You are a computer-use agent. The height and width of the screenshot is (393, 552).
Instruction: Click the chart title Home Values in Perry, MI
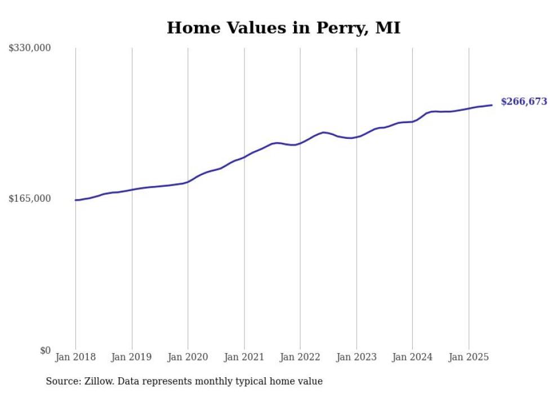283,28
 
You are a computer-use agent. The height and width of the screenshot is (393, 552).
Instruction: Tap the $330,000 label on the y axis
30,48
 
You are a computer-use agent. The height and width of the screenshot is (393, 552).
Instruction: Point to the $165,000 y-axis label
30,198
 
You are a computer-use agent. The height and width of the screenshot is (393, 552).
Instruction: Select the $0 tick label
45,350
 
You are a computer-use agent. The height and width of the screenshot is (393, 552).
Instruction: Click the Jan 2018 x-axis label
75,357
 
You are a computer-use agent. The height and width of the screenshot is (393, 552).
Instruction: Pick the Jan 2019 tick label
131,357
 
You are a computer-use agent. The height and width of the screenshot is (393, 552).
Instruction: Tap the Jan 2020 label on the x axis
188,357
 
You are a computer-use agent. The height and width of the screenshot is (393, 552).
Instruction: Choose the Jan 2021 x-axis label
244,357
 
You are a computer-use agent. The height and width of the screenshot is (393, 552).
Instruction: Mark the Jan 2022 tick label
300,357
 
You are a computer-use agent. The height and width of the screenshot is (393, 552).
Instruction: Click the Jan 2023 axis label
356,357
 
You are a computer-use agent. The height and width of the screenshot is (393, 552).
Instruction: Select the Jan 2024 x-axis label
412,357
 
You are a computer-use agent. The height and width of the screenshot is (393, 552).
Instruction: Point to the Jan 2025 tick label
469,357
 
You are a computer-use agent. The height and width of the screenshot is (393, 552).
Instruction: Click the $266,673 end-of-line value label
523,102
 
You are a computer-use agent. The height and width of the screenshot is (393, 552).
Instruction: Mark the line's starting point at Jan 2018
75,200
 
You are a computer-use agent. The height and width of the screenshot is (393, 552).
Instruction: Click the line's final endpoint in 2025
492,105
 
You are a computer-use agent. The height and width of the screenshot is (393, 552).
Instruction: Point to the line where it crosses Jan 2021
244,157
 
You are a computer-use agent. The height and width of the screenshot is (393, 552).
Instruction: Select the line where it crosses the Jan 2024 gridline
412,121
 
